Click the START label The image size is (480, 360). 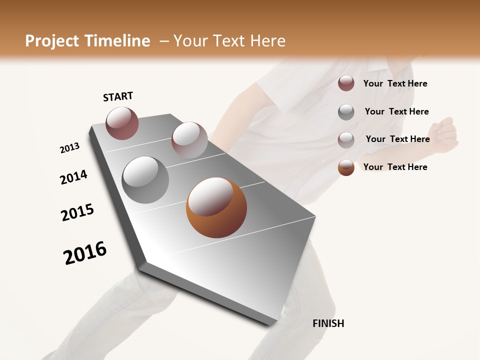click(x=118, y=96)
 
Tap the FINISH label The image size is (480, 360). click(x=328, y=323)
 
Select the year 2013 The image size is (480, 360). click(x=69, y=148)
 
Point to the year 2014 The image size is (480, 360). click(x=73, y=177)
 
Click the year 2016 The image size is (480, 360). click(x=85, y=253)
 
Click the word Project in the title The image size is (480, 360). click(x=52, y=41)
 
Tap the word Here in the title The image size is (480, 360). click(x=267, y=41)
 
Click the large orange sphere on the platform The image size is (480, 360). click(x=216, y=207)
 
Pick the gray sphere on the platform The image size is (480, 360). click(x=145, y=180)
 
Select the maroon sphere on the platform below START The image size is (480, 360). click(x=122, y=123)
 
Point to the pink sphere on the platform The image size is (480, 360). click(x=189, y=140)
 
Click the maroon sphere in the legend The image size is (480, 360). click(x=346, y=83)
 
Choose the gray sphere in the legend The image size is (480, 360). click(x=346, y=111)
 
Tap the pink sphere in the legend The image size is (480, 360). click(x=346, y=139)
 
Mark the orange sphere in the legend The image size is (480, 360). click(x=346, y=167)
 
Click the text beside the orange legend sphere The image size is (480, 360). click(x=395, y=167)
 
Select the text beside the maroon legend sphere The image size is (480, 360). click(x=395, y=83)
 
